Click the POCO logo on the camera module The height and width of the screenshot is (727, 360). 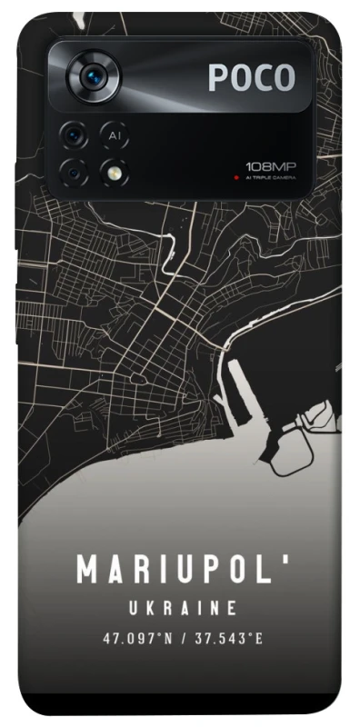pyautogui.click(x=252, y=78)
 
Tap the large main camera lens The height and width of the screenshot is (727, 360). pyautogui.click(x=94, y=78)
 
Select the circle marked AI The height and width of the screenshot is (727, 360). pyautogui.click(x=114, y=135)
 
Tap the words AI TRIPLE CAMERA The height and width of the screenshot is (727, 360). pyautogui.click(x=271, y=178)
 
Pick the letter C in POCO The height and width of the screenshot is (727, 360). pyautogui.click(x=261, y=78)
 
